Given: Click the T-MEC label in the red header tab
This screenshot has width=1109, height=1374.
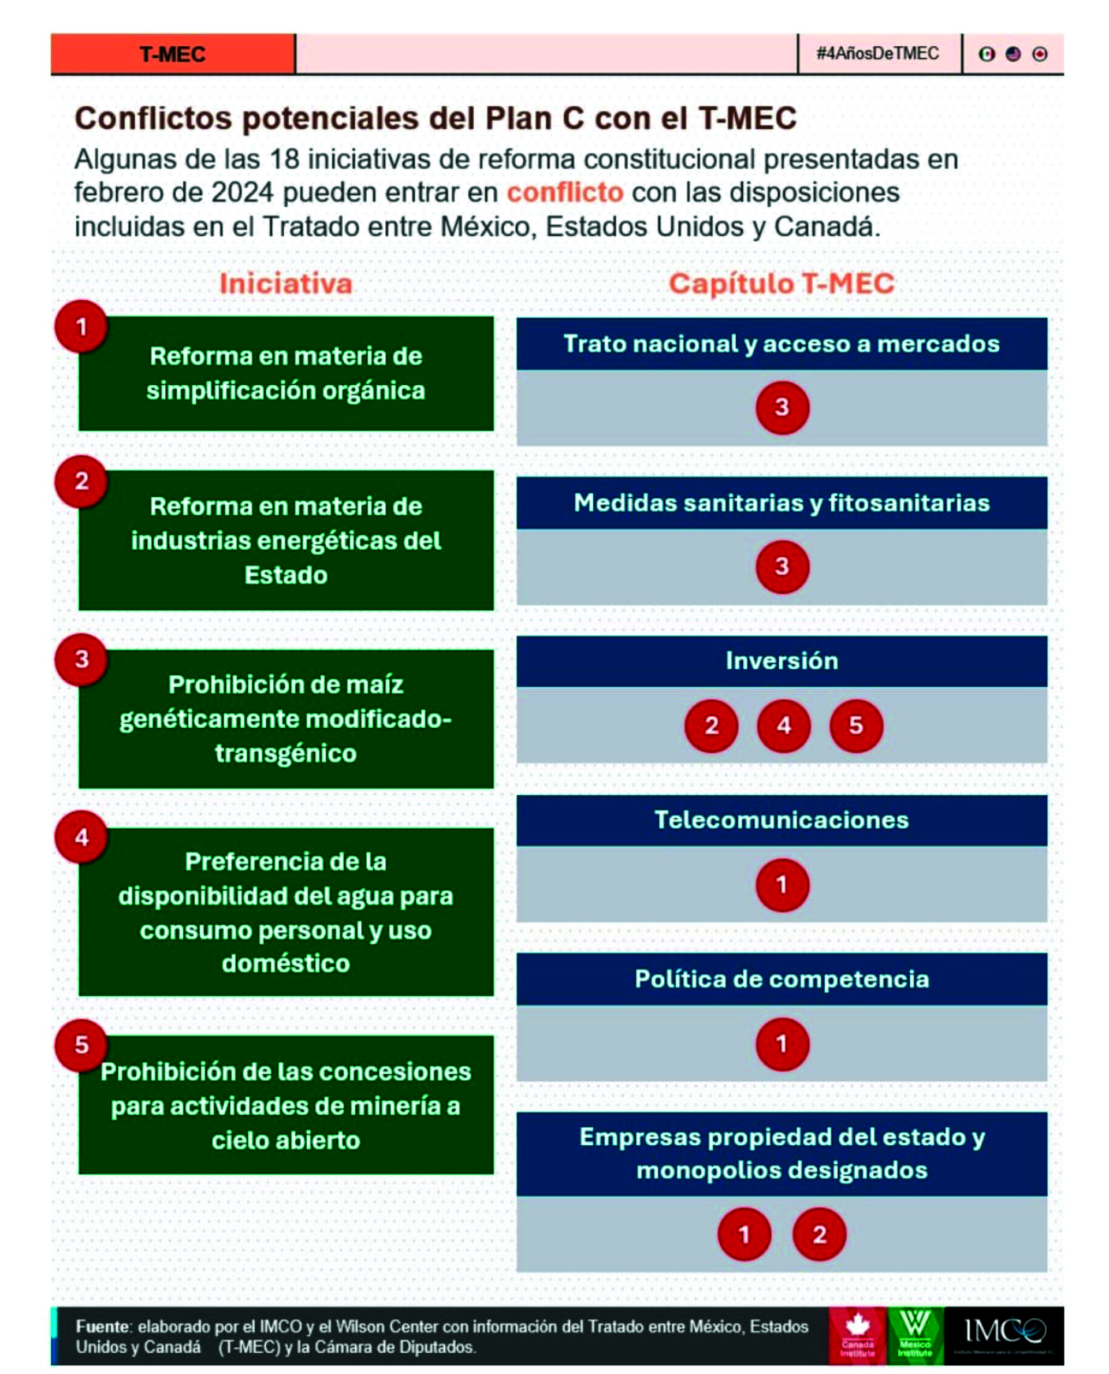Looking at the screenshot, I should [x=173, y=54].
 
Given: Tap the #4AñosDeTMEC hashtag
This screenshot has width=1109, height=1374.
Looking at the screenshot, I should [x=877, y=54].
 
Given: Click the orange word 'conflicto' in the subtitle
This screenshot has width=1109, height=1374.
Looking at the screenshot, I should [x=565, y=193].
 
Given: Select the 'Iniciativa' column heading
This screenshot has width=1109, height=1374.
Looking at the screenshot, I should [x=285, y=284].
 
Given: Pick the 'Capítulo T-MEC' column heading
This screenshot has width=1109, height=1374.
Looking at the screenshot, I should [x=781, y=284].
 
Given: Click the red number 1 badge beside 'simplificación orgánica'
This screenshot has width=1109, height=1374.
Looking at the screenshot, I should [x=81, y=326].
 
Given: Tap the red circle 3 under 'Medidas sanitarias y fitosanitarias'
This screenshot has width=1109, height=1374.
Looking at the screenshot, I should [x=782, y=566].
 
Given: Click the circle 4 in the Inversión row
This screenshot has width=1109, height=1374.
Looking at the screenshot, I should [x=783, y=725].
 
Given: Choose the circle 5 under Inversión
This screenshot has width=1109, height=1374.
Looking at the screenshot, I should [x=855, y=725].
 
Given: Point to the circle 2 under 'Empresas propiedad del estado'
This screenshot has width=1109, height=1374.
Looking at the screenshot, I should [x=819, y=1234].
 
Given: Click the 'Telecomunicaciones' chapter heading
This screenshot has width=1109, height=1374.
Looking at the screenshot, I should [x=781, y=820].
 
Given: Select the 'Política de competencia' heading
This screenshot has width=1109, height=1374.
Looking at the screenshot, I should [x=781, y=978].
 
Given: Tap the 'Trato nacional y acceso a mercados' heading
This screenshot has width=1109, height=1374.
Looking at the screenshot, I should [x=781, y=344].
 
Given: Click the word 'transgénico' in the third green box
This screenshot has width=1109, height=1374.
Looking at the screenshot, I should [x=285, y=754].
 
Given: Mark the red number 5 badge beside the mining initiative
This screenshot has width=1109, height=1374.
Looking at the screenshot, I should [x=81, y=1045].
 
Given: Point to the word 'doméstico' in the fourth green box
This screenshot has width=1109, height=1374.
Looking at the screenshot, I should [x=285, y=963].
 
